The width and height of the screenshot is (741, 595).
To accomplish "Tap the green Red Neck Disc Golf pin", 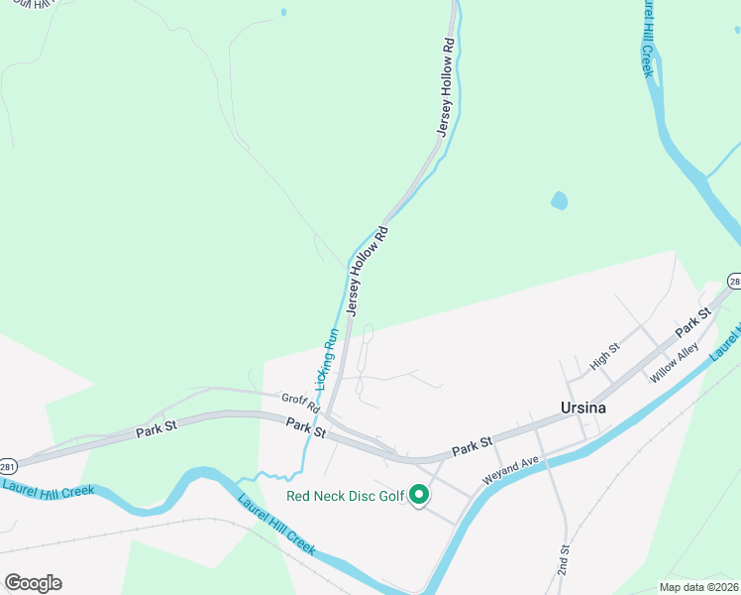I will click(419, 494).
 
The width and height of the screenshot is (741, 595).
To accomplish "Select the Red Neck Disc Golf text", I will click(346, 496).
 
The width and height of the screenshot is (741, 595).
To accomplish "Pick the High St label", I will click(604, 356).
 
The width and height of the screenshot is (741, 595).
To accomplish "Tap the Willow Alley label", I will click(675, 362).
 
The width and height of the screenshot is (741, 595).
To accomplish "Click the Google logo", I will click(33, 583).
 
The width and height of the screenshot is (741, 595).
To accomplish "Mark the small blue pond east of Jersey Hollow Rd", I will click(560, 200).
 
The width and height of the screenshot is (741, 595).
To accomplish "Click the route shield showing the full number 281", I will click(7, 465).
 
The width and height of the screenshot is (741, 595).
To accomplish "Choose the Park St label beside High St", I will click(693, 322).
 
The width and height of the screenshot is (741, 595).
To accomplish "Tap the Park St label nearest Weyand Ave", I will click(473, 448).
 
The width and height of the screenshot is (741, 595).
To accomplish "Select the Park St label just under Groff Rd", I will click(305, 428).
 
